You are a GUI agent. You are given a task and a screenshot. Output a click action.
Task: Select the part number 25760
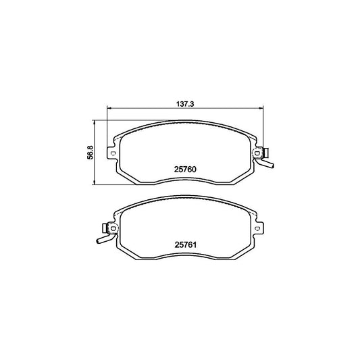[184, 170]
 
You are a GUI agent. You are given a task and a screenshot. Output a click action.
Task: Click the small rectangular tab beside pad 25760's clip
[268, 151]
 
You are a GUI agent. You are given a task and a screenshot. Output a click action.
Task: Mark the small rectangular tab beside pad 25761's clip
[101, 226]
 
